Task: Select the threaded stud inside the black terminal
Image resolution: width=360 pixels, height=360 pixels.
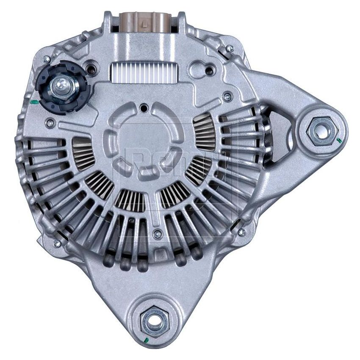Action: coord(60,86)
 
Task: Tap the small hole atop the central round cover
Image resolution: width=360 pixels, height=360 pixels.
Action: coord(144,108)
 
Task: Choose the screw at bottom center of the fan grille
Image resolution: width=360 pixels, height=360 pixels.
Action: coord(158,233)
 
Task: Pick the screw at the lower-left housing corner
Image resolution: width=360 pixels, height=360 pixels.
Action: coord(57,243)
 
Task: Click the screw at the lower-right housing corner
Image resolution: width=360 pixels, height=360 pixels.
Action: coord(241,232)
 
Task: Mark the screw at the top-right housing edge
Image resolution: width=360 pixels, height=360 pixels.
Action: coord(229,49)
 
